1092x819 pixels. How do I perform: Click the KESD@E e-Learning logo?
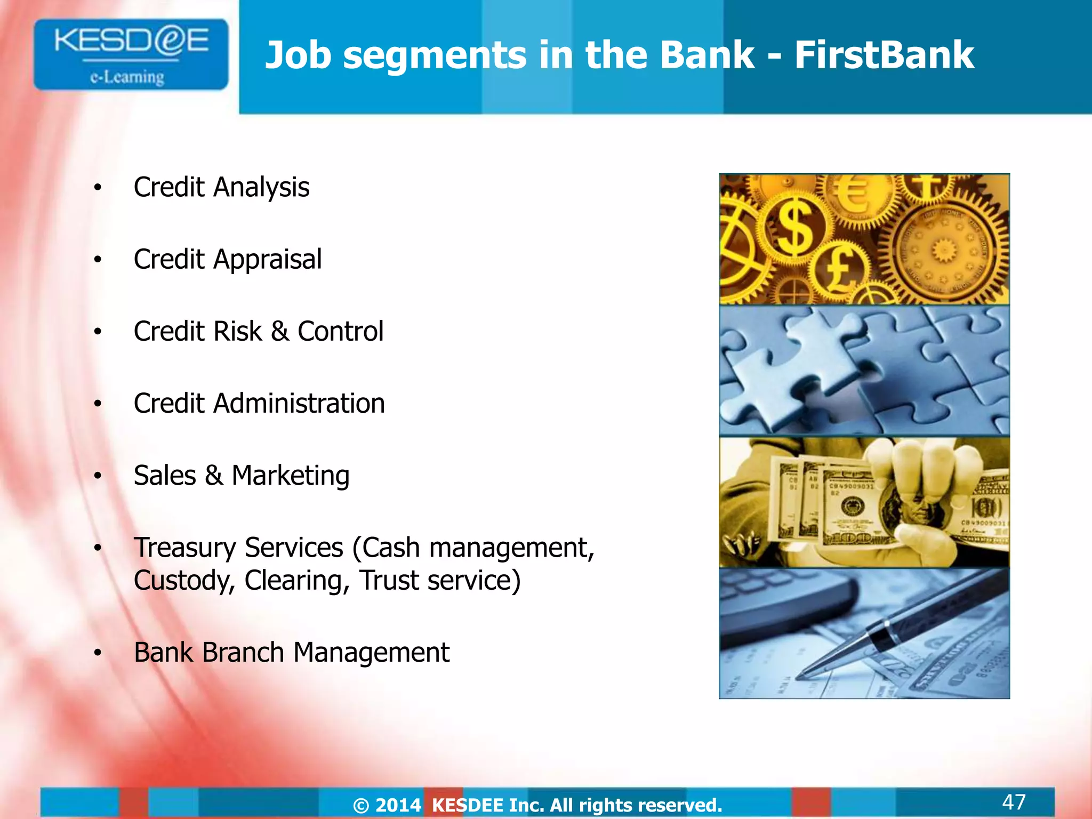(x=131, y=54)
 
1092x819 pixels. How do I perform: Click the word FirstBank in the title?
(x=884, y=55)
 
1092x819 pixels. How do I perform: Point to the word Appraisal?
(x=267, y=260)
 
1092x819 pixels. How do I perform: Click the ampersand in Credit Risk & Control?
(x=280, y=332)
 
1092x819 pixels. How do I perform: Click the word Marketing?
(x=291, y=476)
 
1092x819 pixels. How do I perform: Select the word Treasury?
(x=184, y=548)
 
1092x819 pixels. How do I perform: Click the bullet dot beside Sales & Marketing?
(x=98, y=476)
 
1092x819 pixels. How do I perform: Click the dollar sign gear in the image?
(x=794, y=229)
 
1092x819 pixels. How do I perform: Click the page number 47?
(x=1014, y=801)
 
